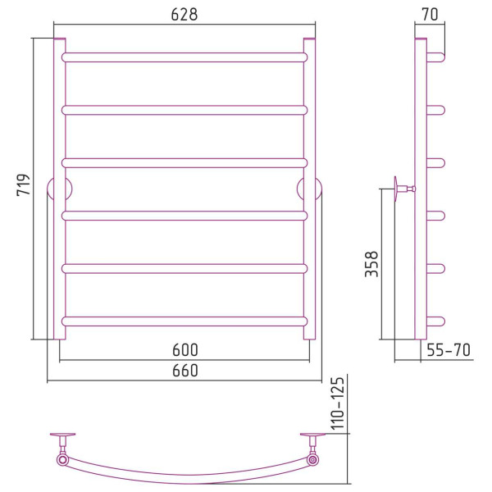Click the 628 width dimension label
(x=184, y=15)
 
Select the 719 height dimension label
(x=24, y=185)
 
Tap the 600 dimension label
(x=185, y=350)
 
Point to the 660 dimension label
(x=185, y=371)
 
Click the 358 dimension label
(x=371, y=264)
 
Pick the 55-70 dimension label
(x=449, y=350)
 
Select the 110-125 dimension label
(x=338, y=403)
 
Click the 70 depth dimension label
(x=430, y=15)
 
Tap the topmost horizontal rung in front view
(x=184, y=57)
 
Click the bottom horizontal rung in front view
(x=184, y=321)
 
